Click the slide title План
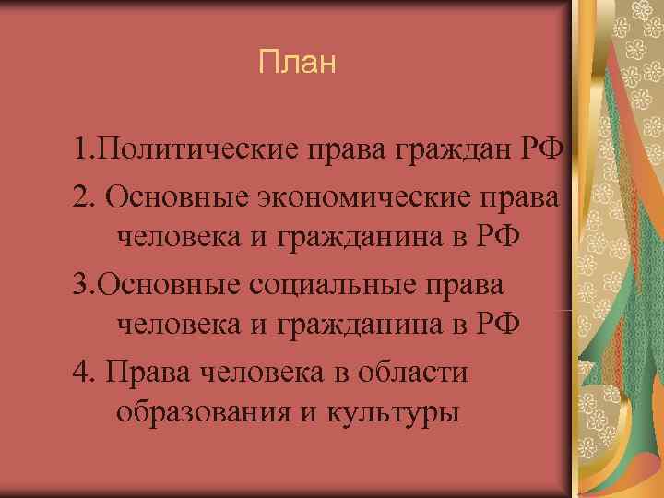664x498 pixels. coord(299,64)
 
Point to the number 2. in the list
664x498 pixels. coord(89,196)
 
